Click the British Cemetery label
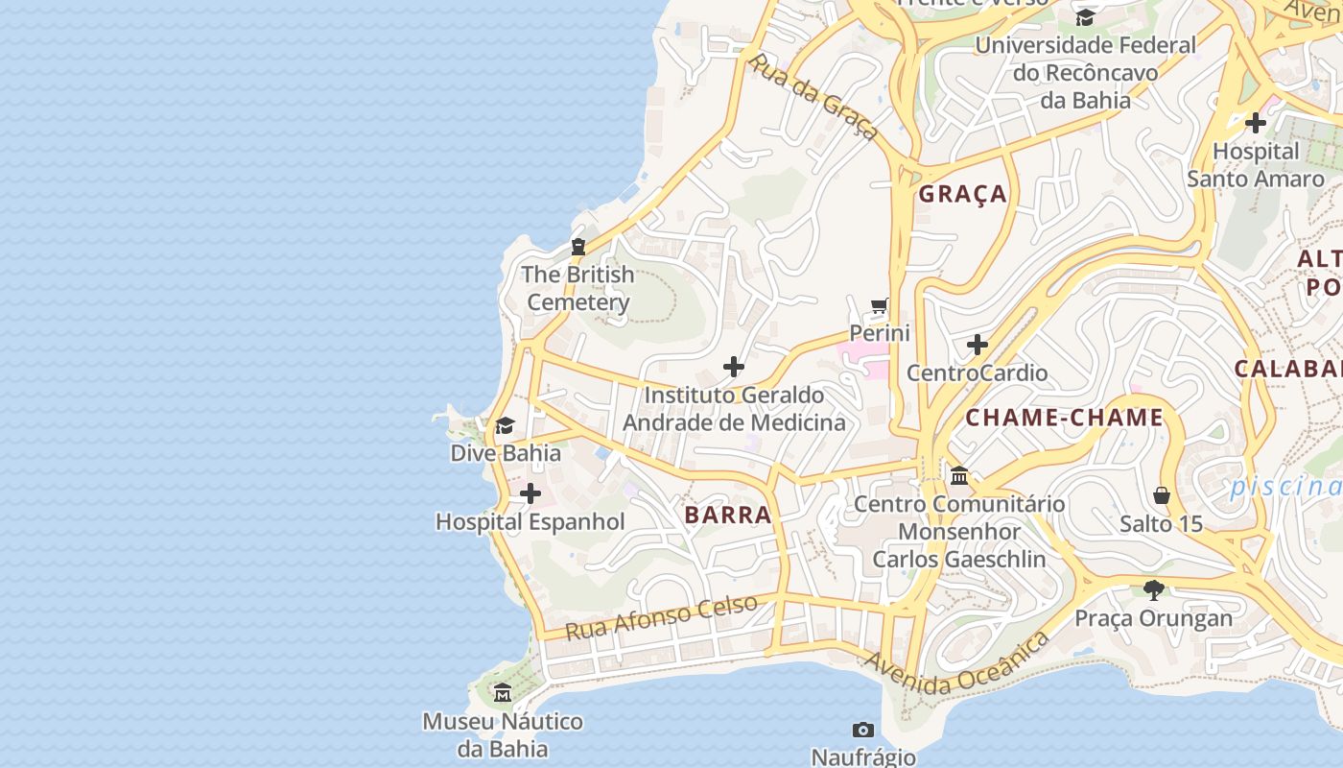577,288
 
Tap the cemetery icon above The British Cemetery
577,247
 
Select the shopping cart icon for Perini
880,306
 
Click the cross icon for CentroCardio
977,345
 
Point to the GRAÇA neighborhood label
963,194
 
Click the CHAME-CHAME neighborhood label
1064,418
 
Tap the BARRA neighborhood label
728,515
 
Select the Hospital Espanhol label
530,522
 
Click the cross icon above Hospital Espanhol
530,494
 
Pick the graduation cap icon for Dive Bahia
505,425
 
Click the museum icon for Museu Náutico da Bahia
502,692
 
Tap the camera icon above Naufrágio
862,731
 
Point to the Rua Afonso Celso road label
661,617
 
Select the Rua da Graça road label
813,97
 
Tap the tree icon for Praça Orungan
1153,589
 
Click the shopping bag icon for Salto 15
1161,495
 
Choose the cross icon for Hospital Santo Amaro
1255,123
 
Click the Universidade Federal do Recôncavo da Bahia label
1085,72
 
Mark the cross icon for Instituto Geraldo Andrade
734,367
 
